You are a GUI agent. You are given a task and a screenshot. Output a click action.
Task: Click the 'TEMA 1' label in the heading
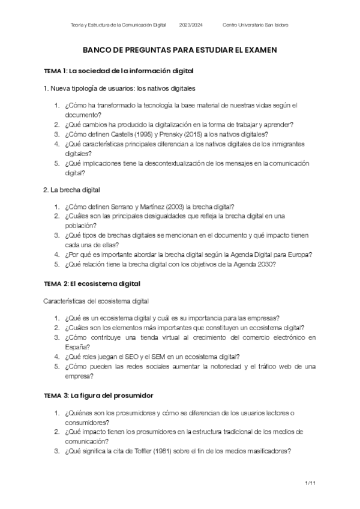pos(56,71)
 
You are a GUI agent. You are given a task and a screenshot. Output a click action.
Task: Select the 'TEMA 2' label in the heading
pos(56,283)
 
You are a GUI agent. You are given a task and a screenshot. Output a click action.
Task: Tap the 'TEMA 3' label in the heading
pos(56,396)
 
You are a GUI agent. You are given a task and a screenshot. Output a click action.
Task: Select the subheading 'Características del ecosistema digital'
pos(96,300)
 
